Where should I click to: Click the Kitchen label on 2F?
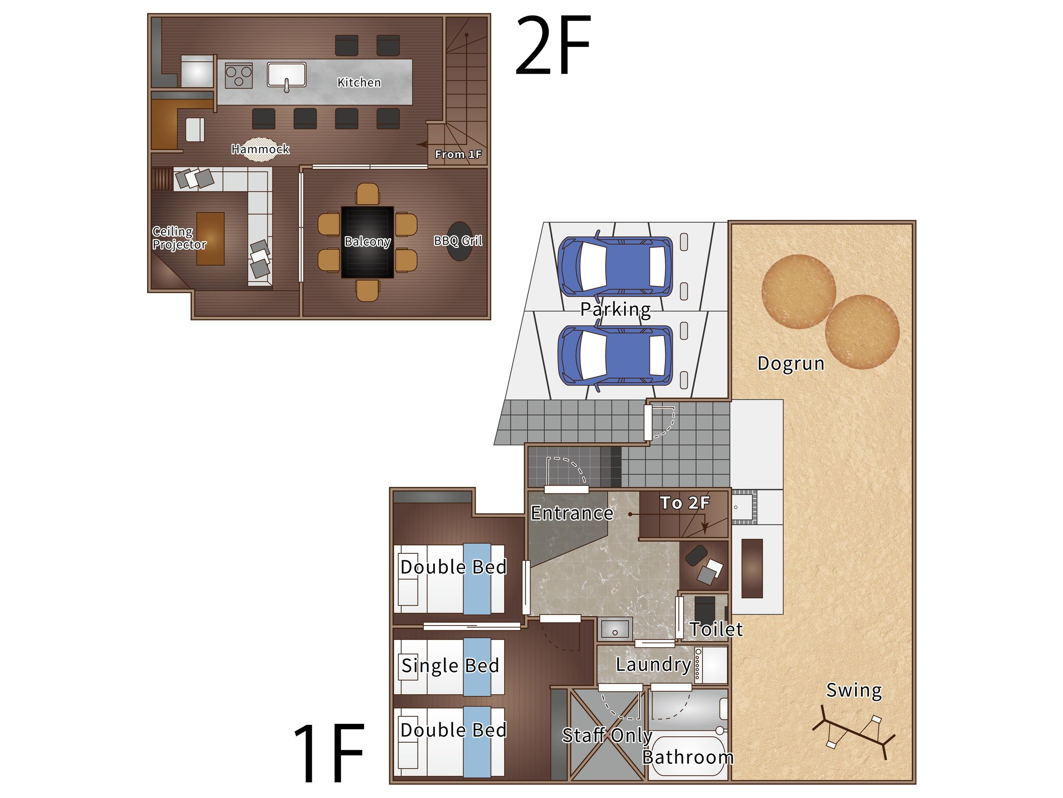[x=359, y=83]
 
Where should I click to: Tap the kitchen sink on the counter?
[x=287, y=75]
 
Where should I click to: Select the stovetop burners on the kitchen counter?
[x=238, y=75]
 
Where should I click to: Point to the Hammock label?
[x=260, y=149]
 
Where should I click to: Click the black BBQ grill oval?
[x=460, y=241]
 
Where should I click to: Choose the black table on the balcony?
[x=368, y=242]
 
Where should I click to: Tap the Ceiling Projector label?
[x=179, y=238]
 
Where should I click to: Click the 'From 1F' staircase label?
[x=458, y=154]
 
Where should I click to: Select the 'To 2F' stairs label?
[x=685, y=503]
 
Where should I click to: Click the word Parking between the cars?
[x=616, y=309]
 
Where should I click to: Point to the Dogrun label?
[x=791, y=363]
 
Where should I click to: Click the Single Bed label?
[x=450, y=666]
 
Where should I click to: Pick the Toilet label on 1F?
[x=716, y=629]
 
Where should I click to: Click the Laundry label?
[x=654, y=665]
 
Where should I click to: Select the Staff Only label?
[x=607, y=735]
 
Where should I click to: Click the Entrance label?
[x=572, y=513]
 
